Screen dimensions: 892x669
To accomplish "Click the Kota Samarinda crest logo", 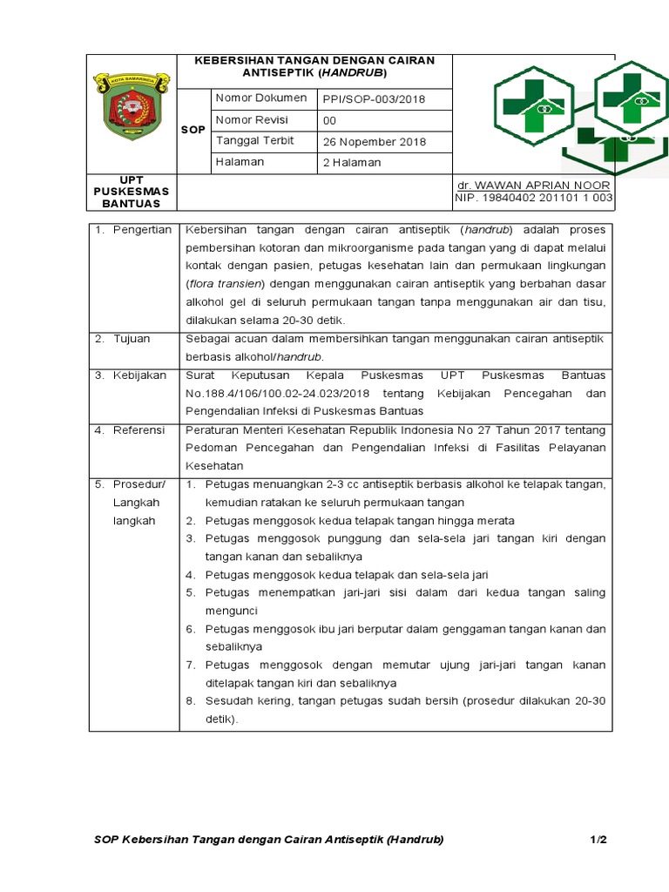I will pyautogui.click(x=132, y=106).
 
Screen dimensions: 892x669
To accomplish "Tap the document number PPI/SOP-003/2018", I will pyautogui.click(x=374, y=99).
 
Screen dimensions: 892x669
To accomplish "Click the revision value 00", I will pyautogui.click(x=329, y=121).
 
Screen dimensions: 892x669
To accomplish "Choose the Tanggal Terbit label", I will pyautogui.click(x=255, y=141).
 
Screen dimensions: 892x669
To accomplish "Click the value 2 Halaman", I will pyautogui.click(x=352, y=163).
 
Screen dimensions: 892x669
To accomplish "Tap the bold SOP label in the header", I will pyautogui.click(x=193, y=130).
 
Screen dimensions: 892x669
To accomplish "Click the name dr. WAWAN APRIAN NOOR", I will pyautogui.click(x=534, y=186).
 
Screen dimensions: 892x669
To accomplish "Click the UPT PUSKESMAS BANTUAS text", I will pyautogui.click(x=132, y=191).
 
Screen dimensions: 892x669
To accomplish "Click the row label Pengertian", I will pyautogui.click(x=142, y=230).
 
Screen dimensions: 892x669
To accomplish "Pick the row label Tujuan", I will pyautogui.click(x=132, y=338).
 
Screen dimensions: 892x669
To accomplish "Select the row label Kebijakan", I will pyautogui.click(x=139, y=375).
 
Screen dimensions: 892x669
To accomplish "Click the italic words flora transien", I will pyautogui.click(x=229, y=284).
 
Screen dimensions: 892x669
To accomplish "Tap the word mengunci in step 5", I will pyautogui.click(x=233, y=611).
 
